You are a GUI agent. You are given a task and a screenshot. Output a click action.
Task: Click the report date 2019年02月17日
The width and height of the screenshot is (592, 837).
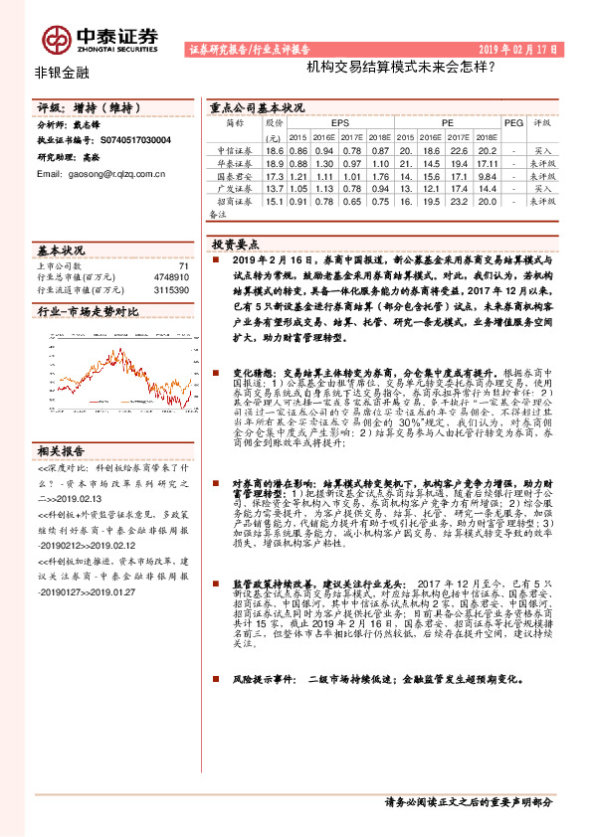[518, 48]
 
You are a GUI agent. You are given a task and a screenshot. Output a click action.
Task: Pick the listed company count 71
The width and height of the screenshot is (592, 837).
[183, 265]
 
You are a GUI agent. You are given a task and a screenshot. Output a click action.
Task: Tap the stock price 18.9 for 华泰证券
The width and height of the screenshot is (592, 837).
[276, 162]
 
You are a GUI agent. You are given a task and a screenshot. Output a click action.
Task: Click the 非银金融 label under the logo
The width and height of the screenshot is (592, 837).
[62, 73]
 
